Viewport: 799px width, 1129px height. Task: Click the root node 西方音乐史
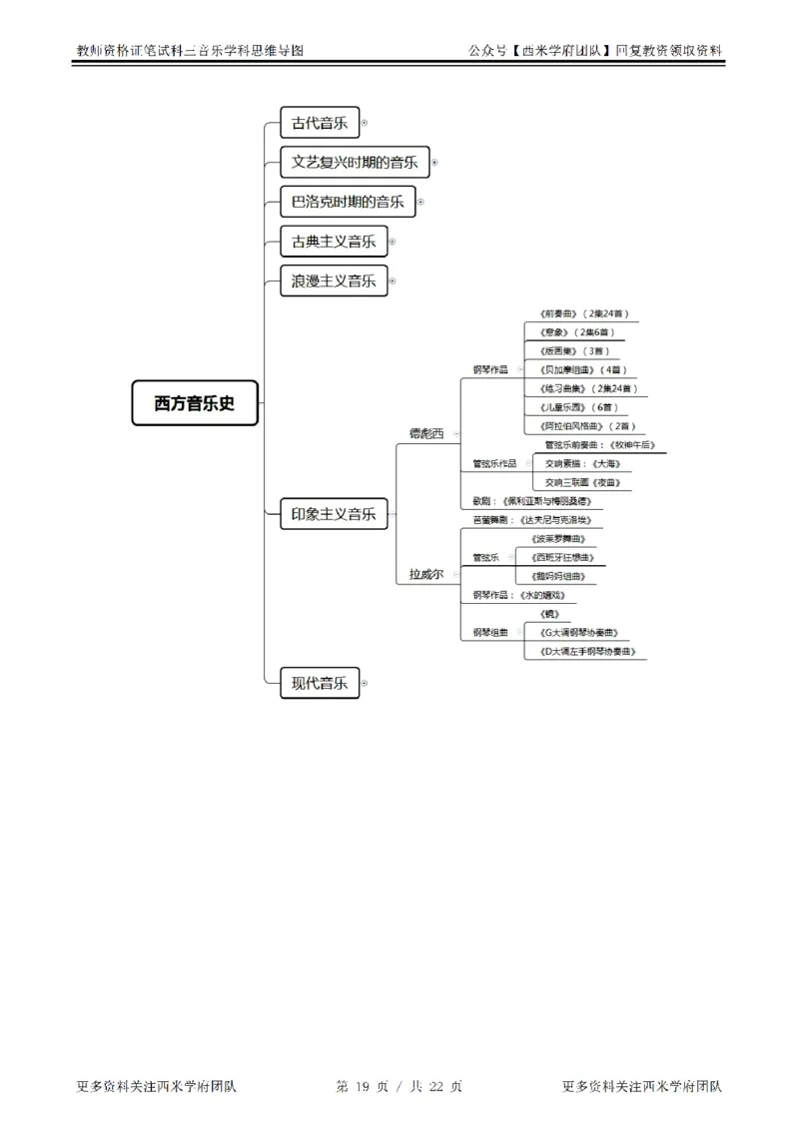(x=195, y=403)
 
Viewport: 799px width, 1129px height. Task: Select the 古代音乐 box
(x=319, y=123)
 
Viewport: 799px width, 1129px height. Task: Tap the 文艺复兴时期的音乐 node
(x=355, y=162)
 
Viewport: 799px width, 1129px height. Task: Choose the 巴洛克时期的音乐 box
(x=347, y=202)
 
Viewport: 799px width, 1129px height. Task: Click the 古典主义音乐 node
(x=334, y=242)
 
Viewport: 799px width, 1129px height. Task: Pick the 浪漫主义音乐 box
(x=334, y=282)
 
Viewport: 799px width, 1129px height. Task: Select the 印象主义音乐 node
(x=334, y=514)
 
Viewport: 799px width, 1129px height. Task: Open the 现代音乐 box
(x=319, y=683)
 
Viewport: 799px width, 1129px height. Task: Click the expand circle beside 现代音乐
(x=365, y=683)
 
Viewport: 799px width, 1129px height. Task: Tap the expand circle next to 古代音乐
(x=365, y=123)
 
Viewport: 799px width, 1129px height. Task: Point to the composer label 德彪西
(x=426, y=433)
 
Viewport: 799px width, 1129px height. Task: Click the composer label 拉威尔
(x=426, y=574)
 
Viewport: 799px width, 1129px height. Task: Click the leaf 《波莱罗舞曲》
(x=559, y=539)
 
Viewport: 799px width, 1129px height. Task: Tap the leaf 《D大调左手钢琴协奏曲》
(x=585, y=652)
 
